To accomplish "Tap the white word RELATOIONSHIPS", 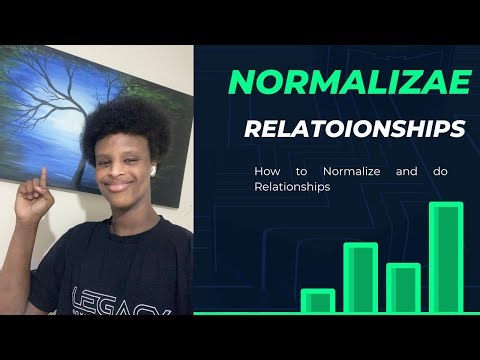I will (x=354, y=129).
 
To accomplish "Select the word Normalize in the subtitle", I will (x=345, y=171).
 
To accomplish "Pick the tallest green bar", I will (x=445, y=258).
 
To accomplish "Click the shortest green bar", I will (x=317, y=301).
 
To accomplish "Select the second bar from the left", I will (x=360, y=278).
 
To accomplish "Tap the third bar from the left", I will (x=402, y=288).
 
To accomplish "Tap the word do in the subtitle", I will (x=441, y=171).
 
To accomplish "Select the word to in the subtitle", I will (x=300, y=171).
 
